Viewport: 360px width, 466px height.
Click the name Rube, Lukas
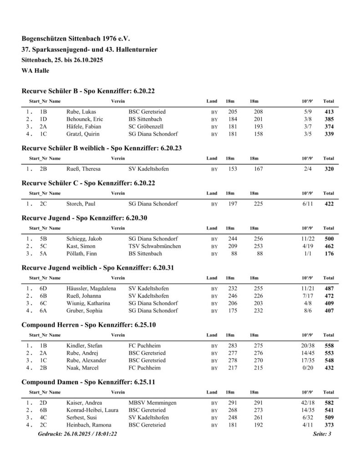click(x=81, y=111)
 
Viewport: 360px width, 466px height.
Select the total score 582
click(x=328, y=403)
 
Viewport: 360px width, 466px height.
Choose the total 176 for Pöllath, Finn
click(x=328, y=253)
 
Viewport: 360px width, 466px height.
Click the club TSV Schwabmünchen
click(x=154, y=246)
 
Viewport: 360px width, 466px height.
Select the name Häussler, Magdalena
click(x=91, y=289)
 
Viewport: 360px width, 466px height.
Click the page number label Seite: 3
click(x=322, y=434)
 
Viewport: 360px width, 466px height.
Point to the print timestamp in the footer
click(x=78, y=434)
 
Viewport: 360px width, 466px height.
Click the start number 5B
click(x=44, y=238)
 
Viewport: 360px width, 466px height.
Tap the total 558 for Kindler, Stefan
click(x=328, y=346)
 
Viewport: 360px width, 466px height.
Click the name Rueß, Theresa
click(x=83, y=169)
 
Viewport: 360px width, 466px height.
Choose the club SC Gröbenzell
click(x=146, y=126)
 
